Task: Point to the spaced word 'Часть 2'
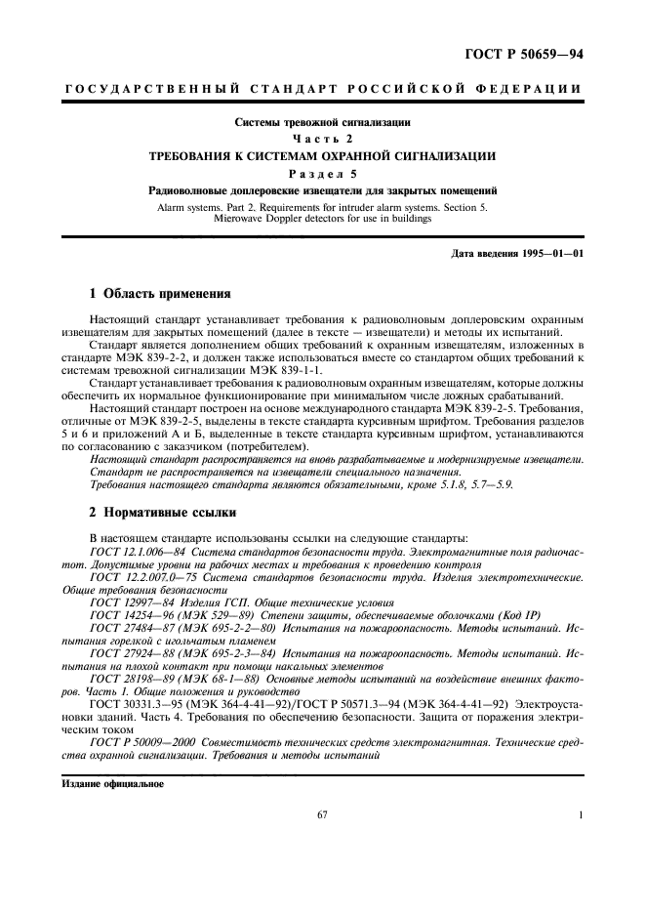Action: pos(323,140)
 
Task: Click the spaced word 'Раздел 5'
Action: pos(323,173)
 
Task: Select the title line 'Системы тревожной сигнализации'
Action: pos(323,123)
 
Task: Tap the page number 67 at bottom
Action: pos(323,816)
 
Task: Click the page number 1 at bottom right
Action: pos(582,816)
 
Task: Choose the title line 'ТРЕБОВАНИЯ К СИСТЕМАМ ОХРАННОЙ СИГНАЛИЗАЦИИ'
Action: pos(323,156)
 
